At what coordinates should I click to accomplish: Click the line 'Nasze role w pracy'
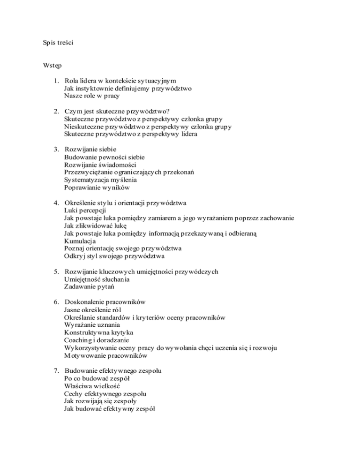point(92,96)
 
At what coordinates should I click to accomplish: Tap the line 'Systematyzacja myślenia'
point(98,180)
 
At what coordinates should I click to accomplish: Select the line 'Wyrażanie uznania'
point(92,325)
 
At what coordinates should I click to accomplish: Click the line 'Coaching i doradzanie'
point(97,340)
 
